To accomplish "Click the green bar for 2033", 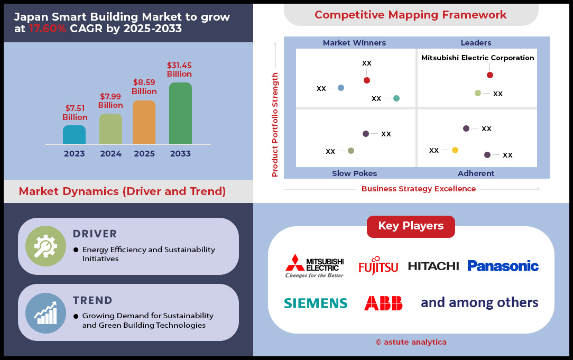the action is pyautogui.click(x=180, y=113).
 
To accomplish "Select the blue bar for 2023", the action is pyautogui.click(x=74, y=134).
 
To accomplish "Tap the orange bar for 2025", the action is pyautogui.click(x=144, y=122).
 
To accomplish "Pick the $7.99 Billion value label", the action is pyautogui.click(x=110, y=101).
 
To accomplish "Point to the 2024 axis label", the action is pyautogui.click(x=110, y=153).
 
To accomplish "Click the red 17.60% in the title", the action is pyautogui.click(x=48, y=29).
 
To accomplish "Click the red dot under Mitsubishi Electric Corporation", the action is pyautogui.click(x=490, y=75).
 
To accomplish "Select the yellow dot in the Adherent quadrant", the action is pyautogui.click(x=455, y=150).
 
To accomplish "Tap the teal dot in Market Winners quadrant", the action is pyautogui.click(x=396, y=98).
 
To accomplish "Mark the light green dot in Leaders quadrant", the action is pyautogui.click(x=478, y=93).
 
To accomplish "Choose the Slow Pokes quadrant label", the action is pyautogui.click(x=355, y=173).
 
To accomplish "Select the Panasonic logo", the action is pyautogui.click(x=503, y=266).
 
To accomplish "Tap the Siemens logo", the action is pyautogui.click(x=316, y=303).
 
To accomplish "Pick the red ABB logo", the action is pyautogui.click(x=383, y=303).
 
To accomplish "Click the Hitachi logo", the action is pyautogui.click(x=433, y=266).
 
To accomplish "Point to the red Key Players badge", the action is pyautogui.click(x=411, y=227).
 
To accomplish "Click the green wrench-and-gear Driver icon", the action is pyautogui.click(x=45, y=246).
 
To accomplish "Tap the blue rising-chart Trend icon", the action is pyautogui.click(x=45, y=313).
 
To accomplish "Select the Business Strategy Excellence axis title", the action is pyautogui.click(x=419, y=189).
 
